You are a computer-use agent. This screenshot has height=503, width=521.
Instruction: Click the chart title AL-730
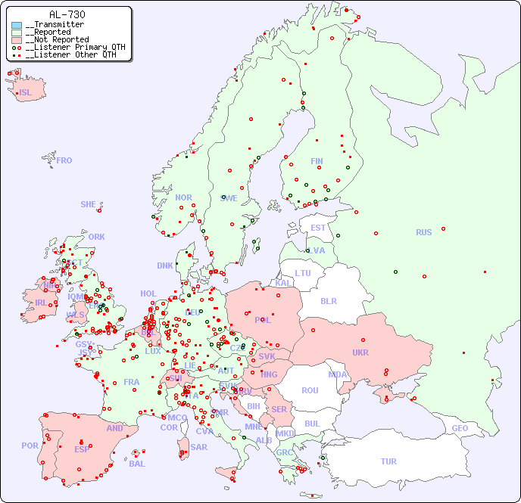(x=67, y=14)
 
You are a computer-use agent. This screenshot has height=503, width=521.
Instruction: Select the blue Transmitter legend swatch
(x=17, y=25)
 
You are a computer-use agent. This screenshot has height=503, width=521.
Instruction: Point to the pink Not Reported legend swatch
(x=17, y=39)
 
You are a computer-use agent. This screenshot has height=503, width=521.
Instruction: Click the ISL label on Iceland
(x=26, y=93)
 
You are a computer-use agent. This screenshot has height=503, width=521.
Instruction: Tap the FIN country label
(x=317, y=161)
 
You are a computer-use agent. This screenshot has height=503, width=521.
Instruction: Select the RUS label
(x=423, y=232)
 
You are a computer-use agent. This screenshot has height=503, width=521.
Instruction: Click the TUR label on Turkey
(x=388, y=461)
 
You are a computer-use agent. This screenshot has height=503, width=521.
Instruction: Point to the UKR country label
(x=360, y=352)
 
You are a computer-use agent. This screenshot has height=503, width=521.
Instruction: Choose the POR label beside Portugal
(x=30, y=446)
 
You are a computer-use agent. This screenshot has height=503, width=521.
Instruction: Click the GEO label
(x=460, y=428)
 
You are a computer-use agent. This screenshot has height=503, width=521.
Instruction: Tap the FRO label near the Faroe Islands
(x=64, y=160)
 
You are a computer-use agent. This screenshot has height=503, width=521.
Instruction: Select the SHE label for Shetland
(x=88, y=204)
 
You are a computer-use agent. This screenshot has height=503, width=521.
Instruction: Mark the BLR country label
(x=328, y=300)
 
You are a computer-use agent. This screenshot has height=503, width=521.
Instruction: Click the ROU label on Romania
(x=310, y=390)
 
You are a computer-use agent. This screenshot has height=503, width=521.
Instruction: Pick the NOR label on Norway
(x=183, y=197)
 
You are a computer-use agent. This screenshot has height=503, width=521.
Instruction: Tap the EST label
(x=318, y=228)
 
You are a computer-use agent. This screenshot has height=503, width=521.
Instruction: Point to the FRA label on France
(x=132, y=382)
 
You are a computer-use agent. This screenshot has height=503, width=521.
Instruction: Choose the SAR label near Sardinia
(x=199, y=447)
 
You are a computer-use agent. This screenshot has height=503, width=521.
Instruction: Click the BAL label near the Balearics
(x=137, y=464)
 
